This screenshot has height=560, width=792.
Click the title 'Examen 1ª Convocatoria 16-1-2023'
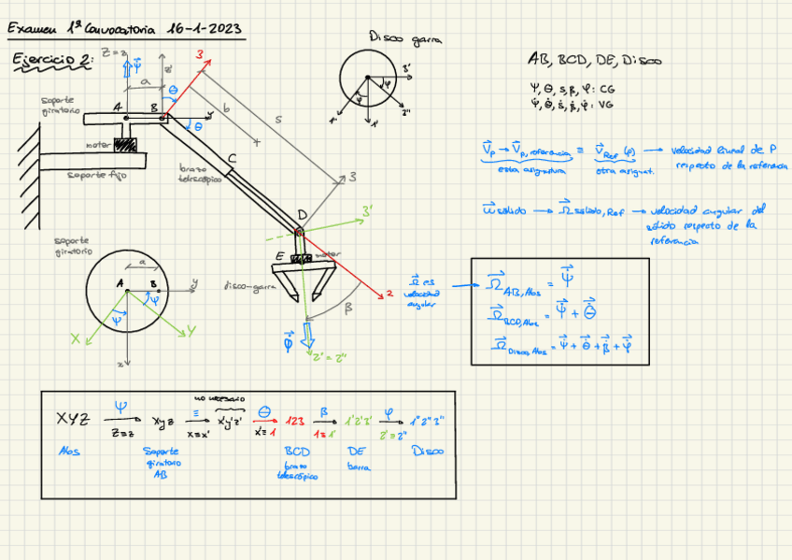(x=125, y=29)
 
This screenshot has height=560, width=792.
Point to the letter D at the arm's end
(x=301, y=215)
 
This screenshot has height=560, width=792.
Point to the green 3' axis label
(x=368, y=210)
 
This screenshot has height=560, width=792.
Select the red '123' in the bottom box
(x=294, y=420)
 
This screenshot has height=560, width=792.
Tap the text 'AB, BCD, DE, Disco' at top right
(x=595, y=61)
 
